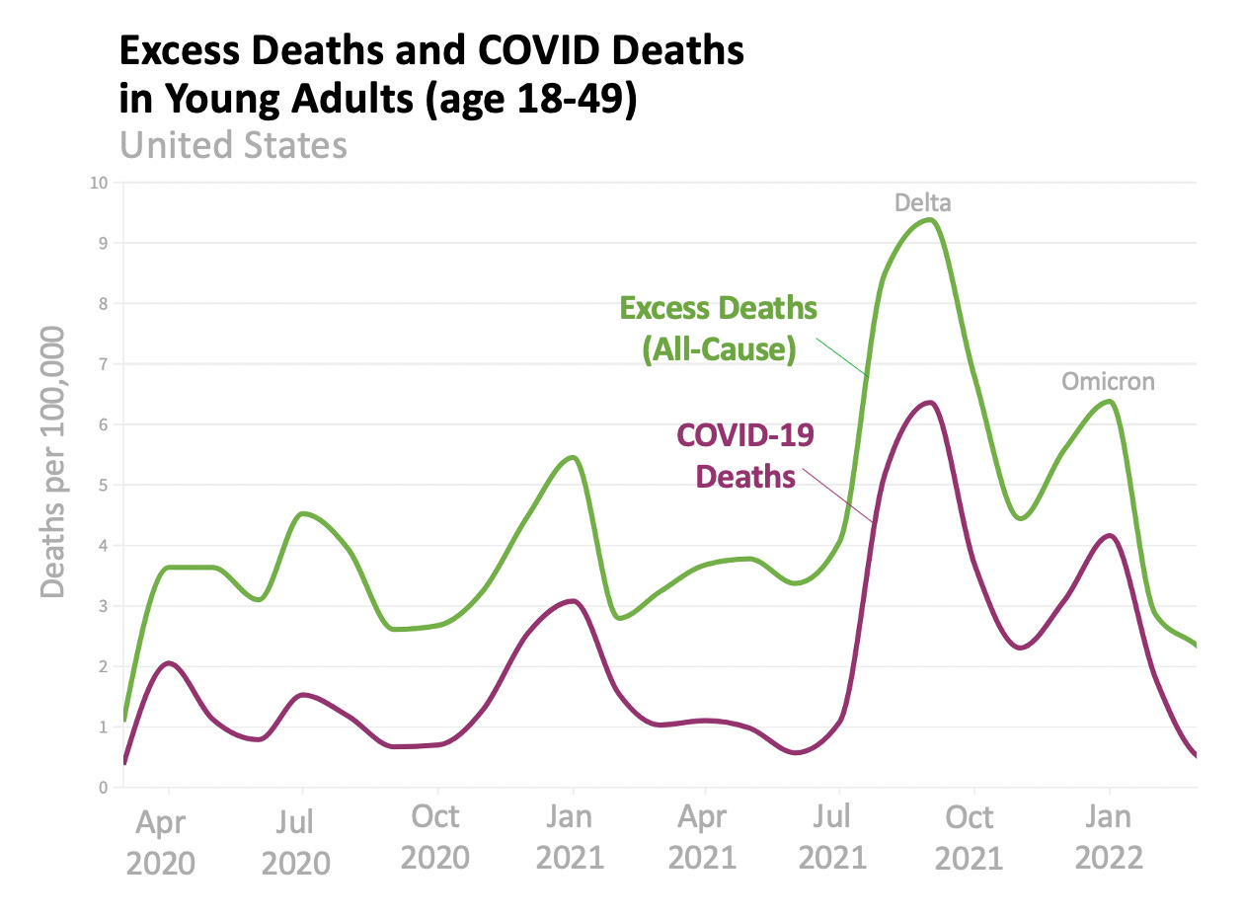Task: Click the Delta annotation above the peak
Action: pos(923,203)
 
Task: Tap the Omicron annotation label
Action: pos(1108,382)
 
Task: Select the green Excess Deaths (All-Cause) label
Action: pos(719,330)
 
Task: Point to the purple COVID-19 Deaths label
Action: pos(745,456)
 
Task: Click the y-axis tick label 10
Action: pos(99,183)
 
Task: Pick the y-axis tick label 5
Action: pos(103,485)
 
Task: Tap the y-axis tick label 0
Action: pos(103,788)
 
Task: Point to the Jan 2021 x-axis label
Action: pos(570,836)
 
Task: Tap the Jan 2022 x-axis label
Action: pos(1109,836)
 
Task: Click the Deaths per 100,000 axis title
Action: pos(53,462)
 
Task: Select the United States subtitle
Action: pos(233,146)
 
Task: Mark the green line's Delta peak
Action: pos(928,219)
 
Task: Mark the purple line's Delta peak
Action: pos(928,402)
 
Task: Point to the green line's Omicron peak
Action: pos(1111,400)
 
